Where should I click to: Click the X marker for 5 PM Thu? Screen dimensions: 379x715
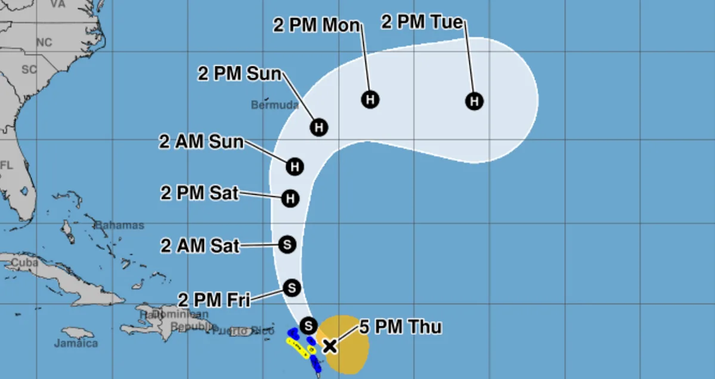point(329,346)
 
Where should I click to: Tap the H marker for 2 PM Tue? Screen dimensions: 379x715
point(475,101)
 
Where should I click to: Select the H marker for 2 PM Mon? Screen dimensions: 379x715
point(370,99)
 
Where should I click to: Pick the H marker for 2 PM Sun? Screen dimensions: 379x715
point(319,127)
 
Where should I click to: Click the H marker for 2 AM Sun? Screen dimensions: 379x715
point(295,167)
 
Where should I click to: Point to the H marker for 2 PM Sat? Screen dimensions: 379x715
point(290,198)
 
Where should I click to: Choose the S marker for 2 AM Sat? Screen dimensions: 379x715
point(287,244)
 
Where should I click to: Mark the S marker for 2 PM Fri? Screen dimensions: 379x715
point(292,288)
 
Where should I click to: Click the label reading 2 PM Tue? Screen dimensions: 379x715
point(422,23)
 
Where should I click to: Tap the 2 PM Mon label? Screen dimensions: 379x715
point(317,25)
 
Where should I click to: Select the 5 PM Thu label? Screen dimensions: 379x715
point(400,327)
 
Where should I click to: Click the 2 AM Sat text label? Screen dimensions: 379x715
point(200,245)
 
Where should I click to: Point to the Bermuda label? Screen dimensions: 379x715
point(274,105)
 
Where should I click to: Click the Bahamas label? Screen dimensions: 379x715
point(120,226)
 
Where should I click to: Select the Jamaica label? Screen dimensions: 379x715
point(75,343)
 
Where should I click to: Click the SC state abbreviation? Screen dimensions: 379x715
point(29,69)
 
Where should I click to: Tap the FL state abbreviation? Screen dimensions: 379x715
point(7,165)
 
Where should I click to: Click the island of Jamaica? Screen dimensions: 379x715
point(78,332)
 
